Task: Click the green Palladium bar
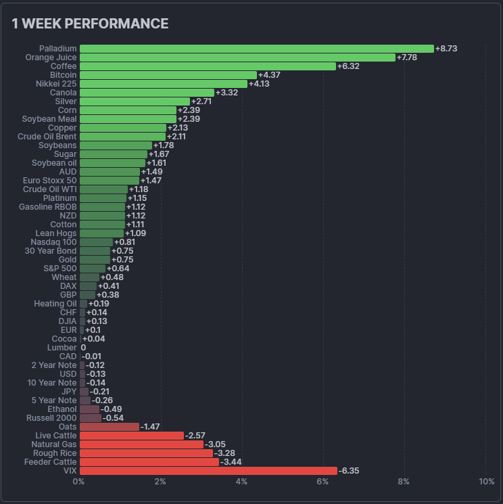pyautogui.click(x=257, y=49)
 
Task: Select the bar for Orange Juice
pyautogui.click(x=237, y=58)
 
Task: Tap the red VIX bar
pyautogui.click(x=208, y=471)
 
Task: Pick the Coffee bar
pyautogui.click(x=208, y=66)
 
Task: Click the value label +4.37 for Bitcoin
pyautogui.click(x=269, y=75)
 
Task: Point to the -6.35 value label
pyautogui.click(x=349, y=471)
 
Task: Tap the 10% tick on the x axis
pyautogui.click(x=486, y=482)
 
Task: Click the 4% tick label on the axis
pyautogui.click(x=241, y=482)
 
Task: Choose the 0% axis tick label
pyautogui.click(x=79, y=482)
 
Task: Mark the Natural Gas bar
pyautogui.click(x=141, y=444)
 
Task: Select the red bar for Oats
pyautogui.click(x=110, y=427)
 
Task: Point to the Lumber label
pyautogui.click(x=62, y=348)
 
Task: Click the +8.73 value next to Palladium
pyautogui.click(x=446, y=49)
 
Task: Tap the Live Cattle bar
pyautogui.click(x=132, y=436)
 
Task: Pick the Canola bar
pyautogui.click(x=147, y=93)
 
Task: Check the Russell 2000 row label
pyautogui.click(x=51, y=418)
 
